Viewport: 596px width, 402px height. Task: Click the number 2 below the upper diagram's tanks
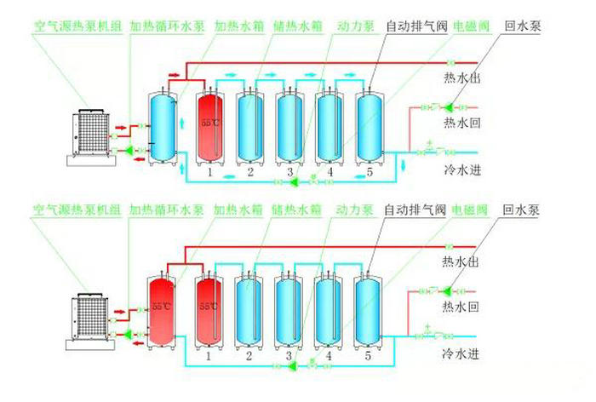pyautogui.click(x=251, y=173)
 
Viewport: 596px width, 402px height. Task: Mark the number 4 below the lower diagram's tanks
pyautogui.click(x=330, y=356)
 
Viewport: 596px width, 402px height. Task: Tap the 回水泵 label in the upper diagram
pyautogui.click(x=522, y=26)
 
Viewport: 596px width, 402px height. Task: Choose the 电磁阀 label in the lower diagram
pyautogui.click(x=470, y=209)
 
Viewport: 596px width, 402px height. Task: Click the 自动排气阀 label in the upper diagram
pyautogui.click(x=415, y=26)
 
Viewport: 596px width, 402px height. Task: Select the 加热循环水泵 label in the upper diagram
pyautogui.click(x=167, y=26)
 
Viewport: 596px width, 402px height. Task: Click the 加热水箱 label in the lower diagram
pyautogui.click(x=236, y=209)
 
